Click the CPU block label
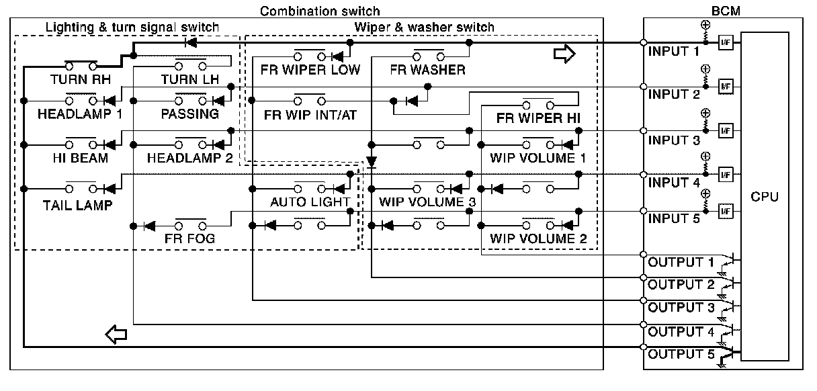765,197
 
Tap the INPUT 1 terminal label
674,52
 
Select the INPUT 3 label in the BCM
674,140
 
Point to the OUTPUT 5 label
681,354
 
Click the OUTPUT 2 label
681,284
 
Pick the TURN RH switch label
81,79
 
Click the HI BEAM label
80,158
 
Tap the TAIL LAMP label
78,206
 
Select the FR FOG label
189,238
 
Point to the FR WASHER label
427,70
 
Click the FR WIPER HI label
538,118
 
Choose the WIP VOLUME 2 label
538,238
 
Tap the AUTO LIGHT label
310,202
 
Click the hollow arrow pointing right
564,54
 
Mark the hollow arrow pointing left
116,335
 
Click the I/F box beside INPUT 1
726,43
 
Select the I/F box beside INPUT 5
726,211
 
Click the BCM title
726,11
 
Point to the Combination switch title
320,11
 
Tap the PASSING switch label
189,114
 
